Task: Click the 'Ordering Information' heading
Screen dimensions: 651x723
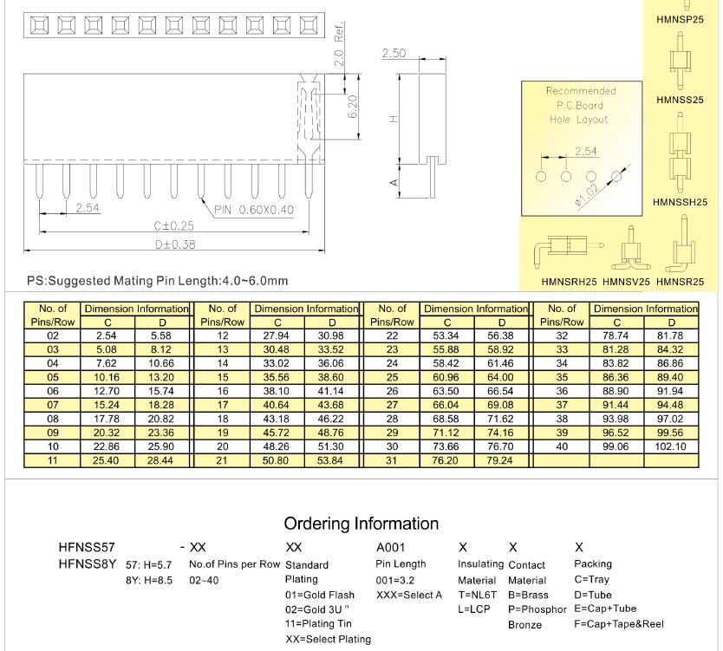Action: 361,524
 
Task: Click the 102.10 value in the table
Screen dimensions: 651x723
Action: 670,447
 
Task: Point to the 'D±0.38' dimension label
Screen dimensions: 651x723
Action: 174,244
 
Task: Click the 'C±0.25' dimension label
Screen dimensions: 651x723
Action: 174,226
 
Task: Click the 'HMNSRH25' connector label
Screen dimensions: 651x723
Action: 569,282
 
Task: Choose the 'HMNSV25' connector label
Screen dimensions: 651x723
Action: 626,282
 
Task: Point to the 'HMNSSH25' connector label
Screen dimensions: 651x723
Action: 680,203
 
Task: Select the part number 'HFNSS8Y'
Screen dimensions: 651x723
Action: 87,563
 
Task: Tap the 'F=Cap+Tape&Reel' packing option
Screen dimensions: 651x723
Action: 619,624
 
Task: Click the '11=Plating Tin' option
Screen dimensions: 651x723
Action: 320,624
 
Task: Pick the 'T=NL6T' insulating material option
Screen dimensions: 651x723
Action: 477,595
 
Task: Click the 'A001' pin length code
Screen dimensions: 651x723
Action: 391,548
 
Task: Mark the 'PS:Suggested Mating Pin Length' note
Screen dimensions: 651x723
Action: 157,281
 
